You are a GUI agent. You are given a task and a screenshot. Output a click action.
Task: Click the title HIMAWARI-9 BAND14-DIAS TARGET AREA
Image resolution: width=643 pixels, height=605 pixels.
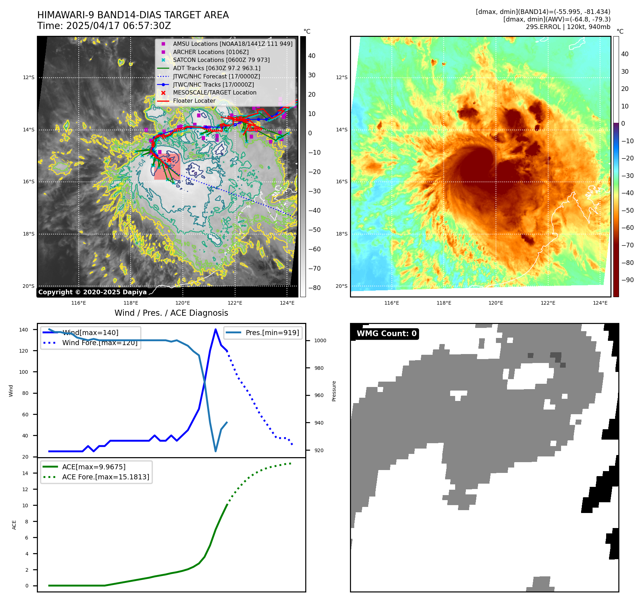click(133, 15)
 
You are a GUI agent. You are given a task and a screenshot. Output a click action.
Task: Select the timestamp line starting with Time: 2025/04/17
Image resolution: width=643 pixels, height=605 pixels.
click(104, 26)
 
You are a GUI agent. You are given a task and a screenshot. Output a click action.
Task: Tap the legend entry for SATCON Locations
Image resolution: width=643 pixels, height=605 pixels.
click(221, 60)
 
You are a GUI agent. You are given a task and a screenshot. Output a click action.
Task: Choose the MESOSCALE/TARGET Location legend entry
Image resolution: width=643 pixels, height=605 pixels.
click(214, 92)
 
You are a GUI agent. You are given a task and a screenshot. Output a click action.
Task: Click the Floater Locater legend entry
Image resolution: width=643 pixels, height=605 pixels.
click(194, 101)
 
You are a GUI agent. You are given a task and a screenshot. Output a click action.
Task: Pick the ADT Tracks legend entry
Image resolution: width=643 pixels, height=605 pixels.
click(216, 68)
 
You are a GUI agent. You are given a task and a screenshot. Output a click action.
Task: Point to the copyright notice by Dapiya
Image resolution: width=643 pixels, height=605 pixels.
click(92, 292)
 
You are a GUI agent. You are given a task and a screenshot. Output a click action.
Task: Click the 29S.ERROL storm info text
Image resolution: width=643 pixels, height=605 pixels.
click(568, 27)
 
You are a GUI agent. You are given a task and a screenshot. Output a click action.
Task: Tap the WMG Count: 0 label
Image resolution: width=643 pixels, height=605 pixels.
click(386, 334)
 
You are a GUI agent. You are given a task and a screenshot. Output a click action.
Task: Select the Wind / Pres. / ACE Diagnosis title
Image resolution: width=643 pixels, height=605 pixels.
click(171, 313)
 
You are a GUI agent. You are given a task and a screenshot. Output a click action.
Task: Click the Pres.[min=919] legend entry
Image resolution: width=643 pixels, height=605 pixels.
click(272, 333)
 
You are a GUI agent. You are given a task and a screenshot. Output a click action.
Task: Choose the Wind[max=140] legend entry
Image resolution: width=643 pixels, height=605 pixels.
click(90, 333)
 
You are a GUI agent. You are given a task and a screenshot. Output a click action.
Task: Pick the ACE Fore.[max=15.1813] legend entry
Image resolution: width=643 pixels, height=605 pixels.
click(105, 477)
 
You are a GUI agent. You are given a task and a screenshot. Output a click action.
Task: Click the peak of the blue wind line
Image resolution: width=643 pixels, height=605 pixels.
click(215, 329)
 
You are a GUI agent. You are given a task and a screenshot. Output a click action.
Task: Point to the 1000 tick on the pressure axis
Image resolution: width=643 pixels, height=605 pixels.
click(320, 340)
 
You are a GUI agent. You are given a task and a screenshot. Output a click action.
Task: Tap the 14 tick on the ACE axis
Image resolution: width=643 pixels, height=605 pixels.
click(25, 473)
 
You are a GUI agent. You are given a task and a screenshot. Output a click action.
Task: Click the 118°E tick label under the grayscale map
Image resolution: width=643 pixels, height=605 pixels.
click(131, 303)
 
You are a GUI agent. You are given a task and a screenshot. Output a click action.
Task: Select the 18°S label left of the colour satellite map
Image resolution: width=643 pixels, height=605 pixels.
click(341, 234)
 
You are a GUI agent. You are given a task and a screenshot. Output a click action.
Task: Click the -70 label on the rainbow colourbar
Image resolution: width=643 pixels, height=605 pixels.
click(627, 245)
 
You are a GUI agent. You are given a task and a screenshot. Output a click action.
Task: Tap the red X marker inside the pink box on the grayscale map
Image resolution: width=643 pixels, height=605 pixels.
click(169, 160)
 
